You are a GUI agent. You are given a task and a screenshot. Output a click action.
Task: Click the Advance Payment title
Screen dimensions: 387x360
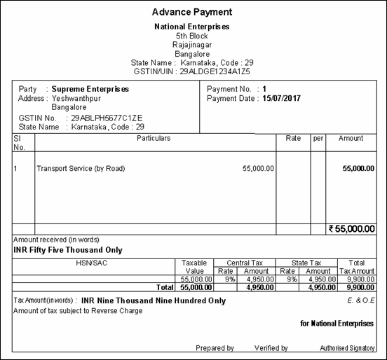(x=192, y=12)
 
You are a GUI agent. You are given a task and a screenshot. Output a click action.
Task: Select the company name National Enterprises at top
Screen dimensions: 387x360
(x=192, y=27)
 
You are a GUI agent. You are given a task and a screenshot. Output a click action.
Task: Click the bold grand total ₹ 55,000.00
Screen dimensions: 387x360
(x=352, y=228)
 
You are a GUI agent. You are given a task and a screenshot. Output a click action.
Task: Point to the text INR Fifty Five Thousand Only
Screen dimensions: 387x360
(x=68, y=250)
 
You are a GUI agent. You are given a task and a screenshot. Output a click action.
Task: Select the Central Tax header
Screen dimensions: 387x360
(x=246, y=262)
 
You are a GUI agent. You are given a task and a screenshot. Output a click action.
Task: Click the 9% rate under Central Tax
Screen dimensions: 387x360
(x=229, y=279)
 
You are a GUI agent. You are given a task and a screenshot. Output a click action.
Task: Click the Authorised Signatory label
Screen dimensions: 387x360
(x=346, y=348)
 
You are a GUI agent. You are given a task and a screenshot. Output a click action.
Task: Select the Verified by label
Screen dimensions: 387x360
(x=271, y=348)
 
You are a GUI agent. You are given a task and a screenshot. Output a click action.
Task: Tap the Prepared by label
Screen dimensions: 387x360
(x=215, y=348)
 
